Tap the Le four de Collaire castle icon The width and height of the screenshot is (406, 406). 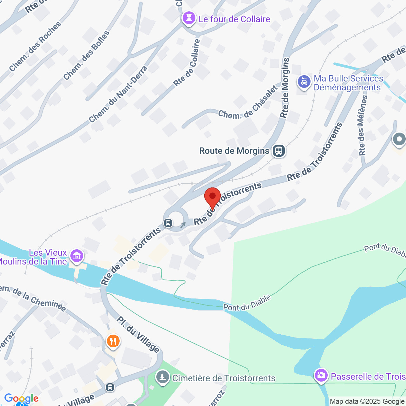(189, 18)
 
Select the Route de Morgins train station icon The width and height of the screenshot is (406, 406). (279, 151)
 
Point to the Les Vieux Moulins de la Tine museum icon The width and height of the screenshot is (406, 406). (77, 256)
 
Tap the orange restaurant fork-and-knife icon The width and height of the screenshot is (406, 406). (113, 342)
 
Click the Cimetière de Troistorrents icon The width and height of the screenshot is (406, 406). (163, 377)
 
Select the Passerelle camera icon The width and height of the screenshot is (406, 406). (321, 376)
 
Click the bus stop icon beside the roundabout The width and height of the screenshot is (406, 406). (168, 223)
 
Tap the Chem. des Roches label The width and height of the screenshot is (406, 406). (35, 47)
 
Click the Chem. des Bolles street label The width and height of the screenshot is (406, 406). (86, 56)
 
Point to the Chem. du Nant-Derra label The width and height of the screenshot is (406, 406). (118, 95)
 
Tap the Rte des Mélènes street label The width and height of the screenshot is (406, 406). (363, 125)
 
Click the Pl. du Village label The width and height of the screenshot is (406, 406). (138, 334)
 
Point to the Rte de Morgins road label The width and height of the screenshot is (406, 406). (285, 88)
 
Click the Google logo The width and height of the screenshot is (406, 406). (21, 398)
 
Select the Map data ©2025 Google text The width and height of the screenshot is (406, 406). (367, 402)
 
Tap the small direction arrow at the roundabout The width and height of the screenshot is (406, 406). (183, 225)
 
